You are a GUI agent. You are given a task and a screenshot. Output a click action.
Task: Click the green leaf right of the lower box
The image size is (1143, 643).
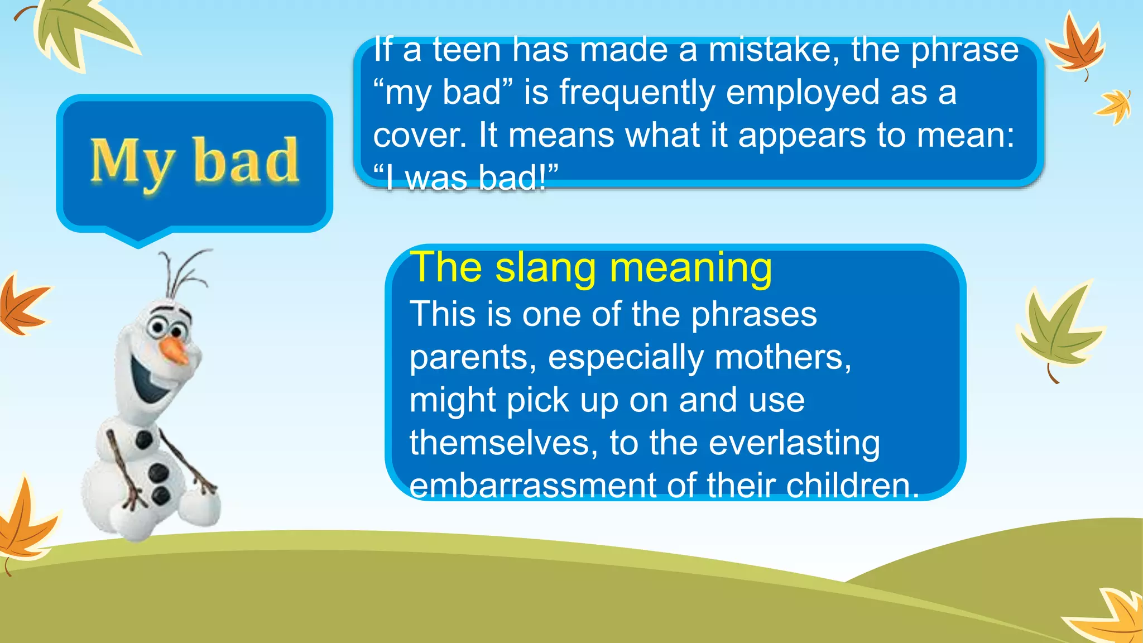[x=1058, y=329]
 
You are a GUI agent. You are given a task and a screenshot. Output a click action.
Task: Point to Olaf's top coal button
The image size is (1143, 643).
[x=144, y=439]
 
